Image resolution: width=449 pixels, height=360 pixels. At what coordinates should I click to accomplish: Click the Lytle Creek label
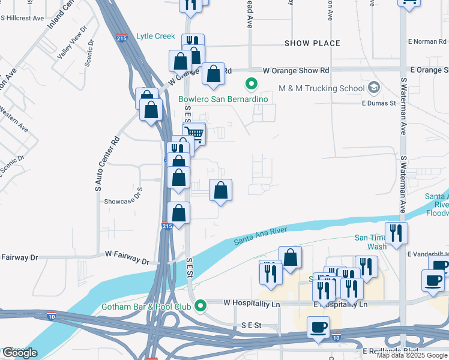[x=155, y=36]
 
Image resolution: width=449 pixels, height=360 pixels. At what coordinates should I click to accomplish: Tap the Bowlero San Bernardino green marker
[x=252, y=85]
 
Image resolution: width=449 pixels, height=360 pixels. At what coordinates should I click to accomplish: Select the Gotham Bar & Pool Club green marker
[x=203, y=305]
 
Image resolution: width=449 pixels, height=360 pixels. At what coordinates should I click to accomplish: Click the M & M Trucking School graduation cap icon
[x=375, y=88]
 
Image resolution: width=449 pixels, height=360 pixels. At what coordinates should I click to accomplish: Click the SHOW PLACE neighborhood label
[x=312, y=43]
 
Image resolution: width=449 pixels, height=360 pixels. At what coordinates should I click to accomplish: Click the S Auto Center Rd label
[x=99, y=164]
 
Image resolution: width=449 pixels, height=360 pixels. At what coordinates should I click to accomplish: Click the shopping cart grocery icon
[x=194, y=133]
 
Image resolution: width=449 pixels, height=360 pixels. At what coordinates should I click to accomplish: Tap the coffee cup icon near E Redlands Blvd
[x=318, y=328]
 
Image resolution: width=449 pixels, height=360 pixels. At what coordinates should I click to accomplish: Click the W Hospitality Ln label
[x=252, y=304]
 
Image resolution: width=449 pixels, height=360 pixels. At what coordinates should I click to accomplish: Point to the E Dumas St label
[x=378, y=103]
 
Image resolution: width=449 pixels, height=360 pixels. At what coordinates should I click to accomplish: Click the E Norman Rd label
[x=427, y=41]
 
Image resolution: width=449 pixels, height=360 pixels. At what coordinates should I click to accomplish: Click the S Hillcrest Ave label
[x=22, y=18]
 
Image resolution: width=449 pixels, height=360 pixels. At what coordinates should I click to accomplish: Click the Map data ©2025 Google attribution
[x=411, y=355]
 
